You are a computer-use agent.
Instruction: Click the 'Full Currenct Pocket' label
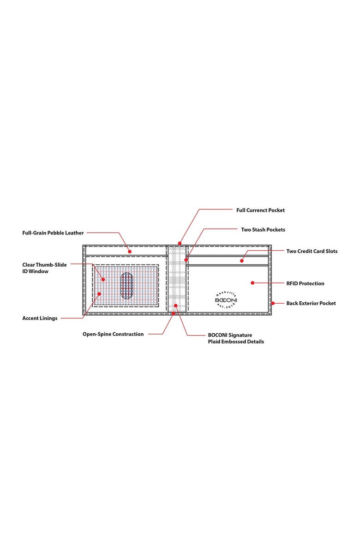(x=260, y=210)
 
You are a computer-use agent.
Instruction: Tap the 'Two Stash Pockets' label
(x=263, y=229)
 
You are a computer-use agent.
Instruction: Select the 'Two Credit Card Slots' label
(x=312, y=251)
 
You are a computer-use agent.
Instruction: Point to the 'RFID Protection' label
(x=305, y=283)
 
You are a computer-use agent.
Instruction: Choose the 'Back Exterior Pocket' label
(x=311, y=303)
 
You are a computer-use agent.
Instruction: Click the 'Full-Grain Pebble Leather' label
(x=53, y=233)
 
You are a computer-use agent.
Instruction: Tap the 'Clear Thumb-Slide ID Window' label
(x=44, y=268)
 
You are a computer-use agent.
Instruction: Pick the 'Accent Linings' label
(x=40, y=318)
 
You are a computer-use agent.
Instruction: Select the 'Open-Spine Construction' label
(x=113, y=334)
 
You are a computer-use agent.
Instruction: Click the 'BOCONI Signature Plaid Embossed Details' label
(x=236, y=338)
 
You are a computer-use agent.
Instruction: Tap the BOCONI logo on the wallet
(x=226, y=300)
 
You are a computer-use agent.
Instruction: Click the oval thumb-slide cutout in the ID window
(x=126, y=286)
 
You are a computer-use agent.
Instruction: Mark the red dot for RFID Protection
(x=252, y=282)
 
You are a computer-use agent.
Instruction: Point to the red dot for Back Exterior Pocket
(x=273, y=303)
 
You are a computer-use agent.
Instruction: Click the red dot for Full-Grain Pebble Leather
(x=130, y=252)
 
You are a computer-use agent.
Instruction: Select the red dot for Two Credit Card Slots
(x=242, y=261)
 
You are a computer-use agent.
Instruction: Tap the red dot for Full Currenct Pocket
(x=180, y=243)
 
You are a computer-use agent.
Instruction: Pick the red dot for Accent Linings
(x=99, y=294)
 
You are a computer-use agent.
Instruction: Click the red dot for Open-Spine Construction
(x=173, y=313)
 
